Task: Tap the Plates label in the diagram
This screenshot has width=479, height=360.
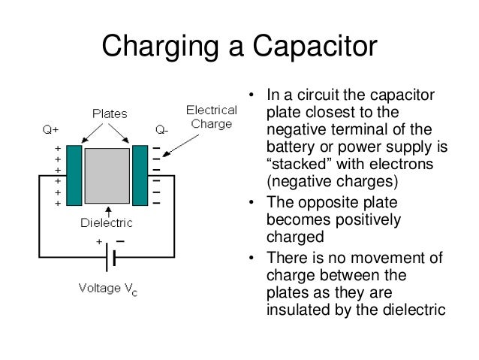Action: tap(110, 113)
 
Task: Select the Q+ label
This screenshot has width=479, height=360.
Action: tap(52, 129)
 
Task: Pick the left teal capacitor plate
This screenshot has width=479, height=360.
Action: tap(74, 175)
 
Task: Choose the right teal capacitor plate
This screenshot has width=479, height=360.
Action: tap(140, 175)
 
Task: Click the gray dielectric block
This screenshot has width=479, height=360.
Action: tap(107, 176)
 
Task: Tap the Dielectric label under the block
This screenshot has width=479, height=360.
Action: tap(107, 222)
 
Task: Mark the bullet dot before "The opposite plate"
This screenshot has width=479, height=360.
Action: tap(252, 204)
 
